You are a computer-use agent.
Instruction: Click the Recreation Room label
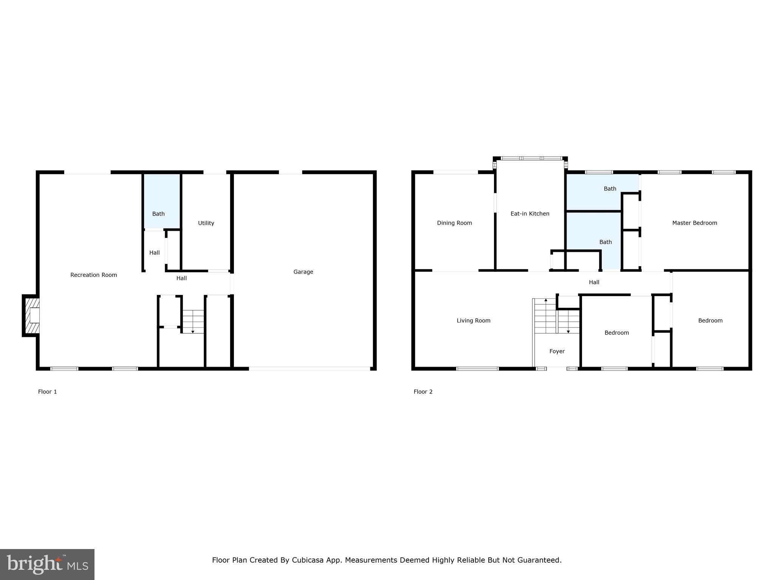point(93,275)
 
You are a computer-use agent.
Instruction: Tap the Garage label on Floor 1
point(303,272)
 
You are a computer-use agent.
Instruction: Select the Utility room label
point(206,223)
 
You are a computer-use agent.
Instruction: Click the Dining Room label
point(454,223)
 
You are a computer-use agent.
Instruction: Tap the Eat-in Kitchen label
point(529,214)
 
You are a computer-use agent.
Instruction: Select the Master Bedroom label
point(694,223)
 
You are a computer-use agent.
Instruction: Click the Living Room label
point(473,321)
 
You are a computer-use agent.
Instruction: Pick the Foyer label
point(557,352)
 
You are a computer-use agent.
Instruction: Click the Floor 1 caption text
point(47,392)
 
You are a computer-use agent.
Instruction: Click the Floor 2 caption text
point(423,392)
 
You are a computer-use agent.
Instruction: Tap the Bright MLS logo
point(47,565)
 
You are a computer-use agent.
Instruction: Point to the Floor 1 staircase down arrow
point(193,331)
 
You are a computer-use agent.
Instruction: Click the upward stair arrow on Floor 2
point(546,301)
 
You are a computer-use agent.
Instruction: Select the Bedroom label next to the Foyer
point(616,333)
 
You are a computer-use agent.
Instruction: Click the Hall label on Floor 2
point(594,282)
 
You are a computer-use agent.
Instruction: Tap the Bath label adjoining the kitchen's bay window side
point(610,189)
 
